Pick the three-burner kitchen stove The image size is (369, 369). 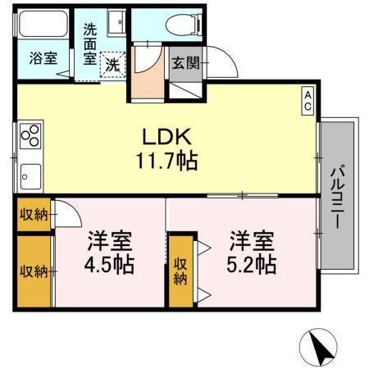point(30,134)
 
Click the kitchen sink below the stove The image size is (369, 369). point(30,175)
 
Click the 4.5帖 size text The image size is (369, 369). point(109,266)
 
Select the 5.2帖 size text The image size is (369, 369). point(250,266)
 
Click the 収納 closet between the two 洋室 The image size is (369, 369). point(181,270)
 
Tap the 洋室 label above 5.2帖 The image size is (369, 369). point(250,242)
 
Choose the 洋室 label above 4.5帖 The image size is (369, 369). point(109,243)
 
